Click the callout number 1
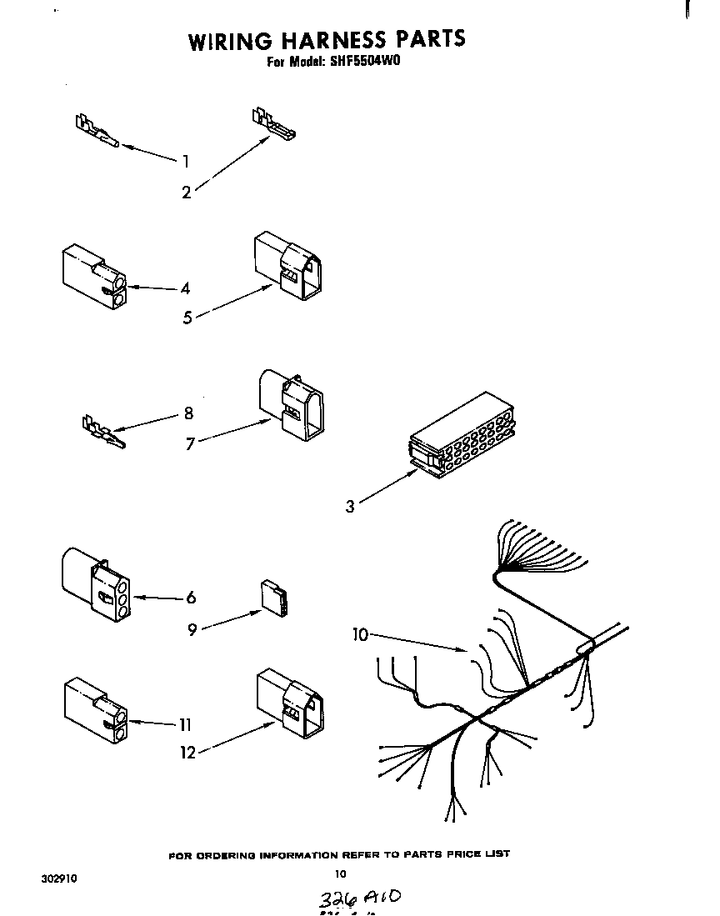tap(186, 160)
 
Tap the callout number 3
tap(350, 506)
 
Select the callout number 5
tap(187, 318)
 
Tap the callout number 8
tap(188, 413)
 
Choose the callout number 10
tap(360, 635)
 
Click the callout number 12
tap(187, 752)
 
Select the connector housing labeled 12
tap(289, 697)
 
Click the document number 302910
tap(56, 878)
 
